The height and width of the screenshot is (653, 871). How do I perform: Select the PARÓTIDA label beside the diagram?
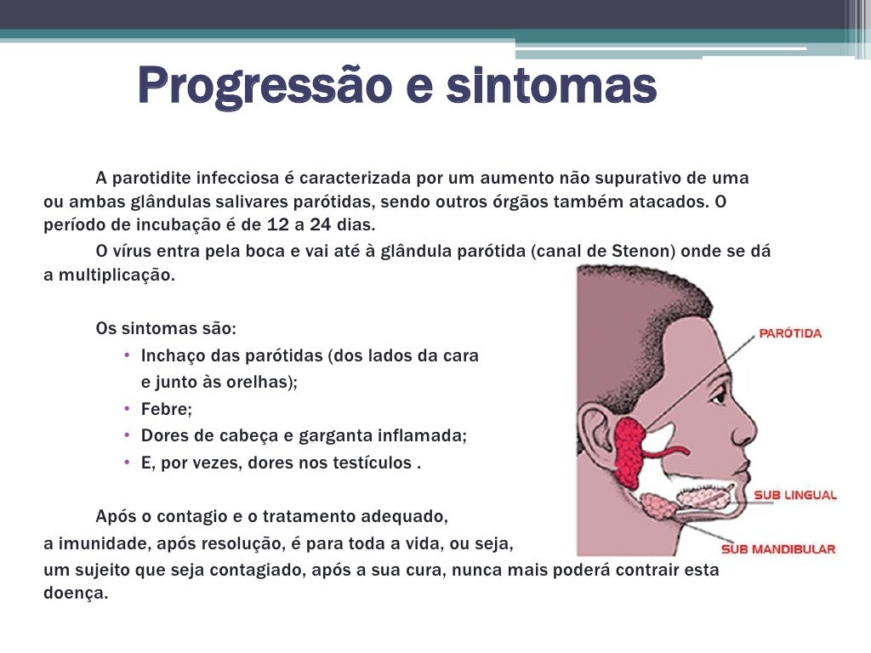(x=790, y=333)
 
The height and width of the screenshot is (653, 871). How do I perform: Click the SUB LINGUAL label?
(x=795, y=495)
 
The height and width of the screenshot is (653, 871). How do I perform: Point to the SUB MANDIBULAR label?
(x=778, y=548)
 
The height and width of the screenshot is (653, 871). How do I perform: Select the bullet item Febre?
(x=167, y=409)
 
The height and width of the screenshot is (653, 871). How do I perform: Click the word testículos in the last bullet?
(x=371, y=463)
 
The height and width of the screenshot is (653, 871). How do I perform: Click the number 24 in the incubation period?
(x=320, y=225)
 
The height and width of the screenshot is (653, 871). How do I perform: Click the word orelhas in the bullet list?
(x=261, y=382)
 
